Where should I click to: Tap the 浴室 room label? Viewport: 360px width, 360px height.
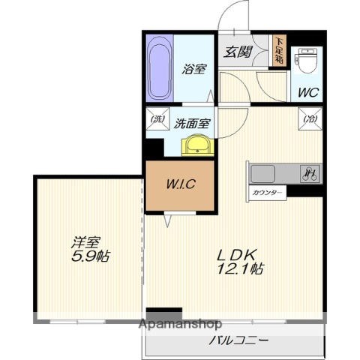point(193,69)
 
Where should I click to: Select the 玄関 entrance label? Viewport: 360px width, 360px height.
point(238,52)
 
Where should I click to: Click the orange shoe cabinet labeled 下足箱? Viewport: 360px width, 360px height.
point(279,51)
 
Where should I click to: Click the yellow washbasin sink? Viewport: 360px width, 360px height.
point(196,144)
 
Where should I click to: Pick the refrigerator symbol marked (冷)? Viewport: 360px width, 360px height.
point(307,119)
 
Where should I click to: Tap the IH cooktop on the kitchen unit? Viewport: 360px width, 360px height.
point(308,174)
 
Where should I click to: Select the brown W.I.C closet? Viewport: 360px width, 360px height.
point(179,184)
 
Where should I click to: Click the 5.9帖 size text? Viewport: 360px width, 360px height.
point(91,256)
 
